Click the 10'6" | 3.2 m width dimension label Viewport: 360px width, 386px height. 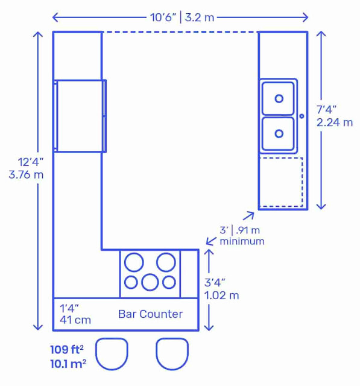(182, 17)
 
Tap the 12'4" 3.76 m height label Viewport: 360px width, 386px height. (26, 168)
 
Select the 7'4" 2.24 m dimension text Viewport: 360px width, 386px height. (335, 116)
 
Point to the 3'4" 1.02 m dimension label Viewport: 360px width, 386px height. (221, 289)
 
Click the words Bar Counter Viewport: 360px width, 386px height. (151, 314)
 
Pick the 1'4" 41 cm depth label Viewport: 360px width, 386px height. (75, 314)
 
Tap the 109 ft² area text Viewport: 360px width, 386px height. (67, 349)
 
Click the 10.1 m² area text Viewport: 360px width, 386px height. (68, 364)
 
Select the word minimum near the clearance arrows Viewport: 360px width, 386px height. (242, 241)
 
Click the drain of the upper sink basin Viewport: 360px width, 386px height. (279, 98)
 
